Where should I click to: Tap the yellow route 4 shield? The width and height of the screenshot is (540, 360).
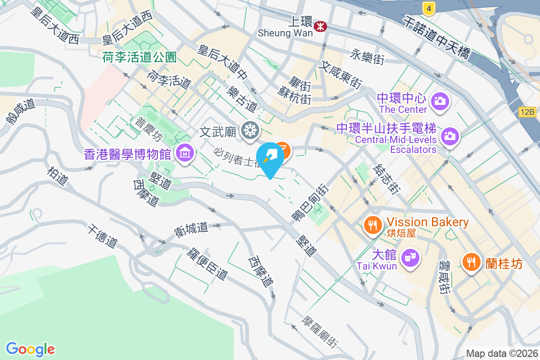tap(429, 8)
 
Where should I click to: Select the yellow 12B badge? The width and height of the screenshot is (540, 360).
tap(528, 112)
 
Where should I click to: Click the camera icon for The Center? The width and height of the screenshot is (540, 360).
tap(439, 100)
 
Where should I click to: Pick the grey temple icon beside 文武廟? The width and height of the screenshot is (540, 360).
tap(249, 131)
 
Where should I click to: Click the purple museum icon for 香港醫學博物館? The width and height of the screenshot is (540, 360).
tap(184, 153)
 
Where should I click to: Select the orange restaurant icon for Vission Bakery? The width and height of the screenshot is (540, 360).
tap(372, 225)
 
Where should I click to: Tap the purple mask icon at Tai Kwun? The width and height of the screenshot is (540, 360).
tap(410, 258)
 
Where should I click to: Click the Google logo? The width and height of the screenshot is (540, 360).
tap(30, 349)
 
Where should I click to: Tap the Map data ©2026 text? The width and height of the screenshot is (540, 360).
tap(502, 354)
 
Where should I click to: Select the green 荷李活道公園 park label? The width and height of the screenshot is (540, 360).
tap(139, 57)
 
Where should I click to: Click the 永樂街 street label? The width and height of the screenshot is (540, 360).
tap(367, 57)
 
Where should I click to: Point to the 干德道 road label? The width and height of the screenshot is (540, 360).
tap(103, 236)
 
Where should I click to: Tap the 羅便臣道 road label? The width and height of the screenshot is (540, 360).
tap(207, 263)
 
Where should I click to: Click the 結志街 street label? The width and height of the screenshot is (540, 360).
tap(386, 178)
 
